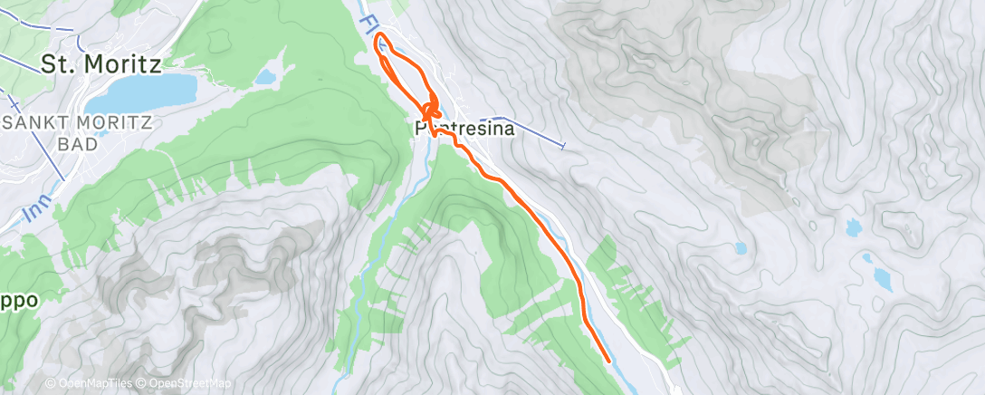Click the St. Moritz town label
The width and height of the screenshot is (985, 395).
coord(100,64)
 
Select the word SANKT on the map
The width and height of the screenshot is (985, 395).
coord(37,124)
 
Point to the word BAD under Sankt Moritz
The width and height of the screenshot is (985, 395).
coord(77,144)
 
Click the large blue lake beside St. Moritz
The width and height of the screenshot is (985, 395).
coord(152,91)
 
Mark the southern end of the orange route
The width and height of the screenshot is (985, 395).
coord(607,361)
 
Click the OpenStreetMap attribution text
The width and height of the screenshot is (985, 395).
coord(190,383)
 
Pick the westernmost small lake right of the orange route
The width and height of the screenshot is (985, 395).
coord(741,247)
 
